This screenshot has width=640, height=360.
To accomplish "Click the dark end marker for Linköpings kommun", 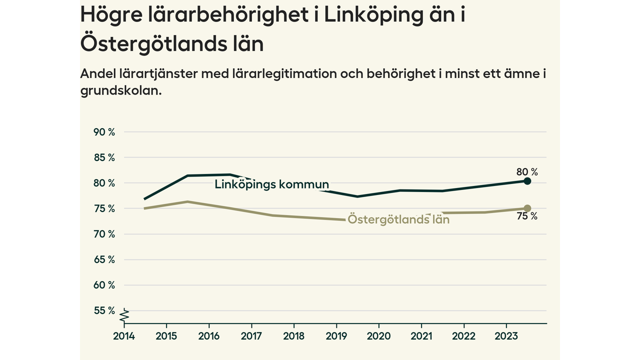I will pos(527,181).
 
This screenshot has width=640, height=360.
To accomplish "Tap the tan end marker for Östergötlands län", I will pos(527,208).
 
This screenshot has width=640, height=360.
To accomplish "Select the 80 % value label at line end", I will pos(527,172).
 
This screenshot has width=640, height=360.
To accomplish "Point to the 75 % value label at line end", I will pos(527,216).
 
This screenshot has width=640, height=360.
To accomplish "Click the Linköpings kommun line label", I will pos(271,184).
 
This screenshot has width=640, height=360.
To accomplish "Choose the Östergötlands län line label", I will pos(398,219).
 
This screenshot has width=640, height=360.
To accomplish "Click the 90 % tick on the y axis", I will pos(104,132).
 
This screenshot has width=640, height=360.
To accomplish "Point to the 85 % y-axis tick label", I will pos(104,157).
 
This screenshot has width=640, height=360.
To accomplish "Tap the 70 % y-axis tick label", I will pos(104,234).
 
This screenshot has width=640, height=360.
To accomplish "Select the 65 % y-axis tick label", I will pos(104,259).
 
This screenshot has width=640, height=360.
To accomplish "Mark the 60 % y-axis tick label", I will pos(104,285).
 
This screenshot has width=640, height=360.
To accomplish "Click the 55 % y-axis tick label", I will pos(104,310).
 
